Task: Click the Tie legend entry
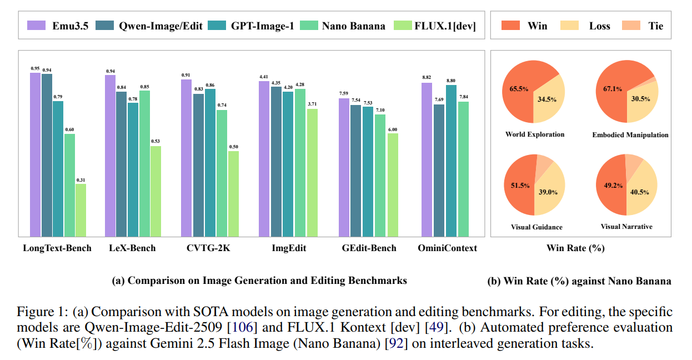coord(645,26)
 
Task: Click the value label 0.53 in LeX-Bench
coord(156,142)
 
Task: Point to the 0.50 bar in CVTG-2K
coord(233,193)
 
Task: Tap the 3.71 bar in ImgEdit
coord(312,172)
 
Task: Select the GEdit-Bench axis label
coord(369,248)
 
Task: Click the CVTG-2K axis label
coord(209,248)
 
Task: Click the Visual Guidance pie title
coord(536,227)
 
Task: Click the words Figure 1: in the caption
coord(37,311)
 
